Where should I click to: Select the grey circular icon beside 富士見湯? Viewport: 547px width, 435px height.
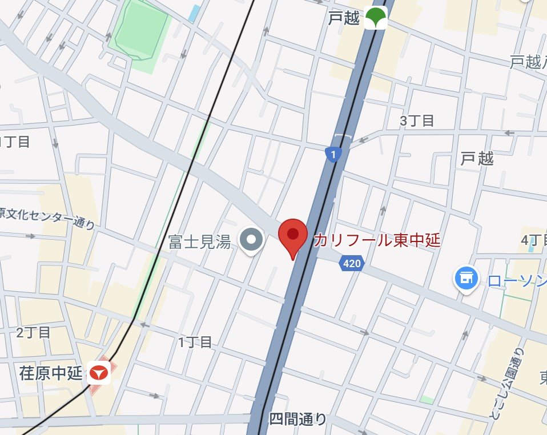(251, 240)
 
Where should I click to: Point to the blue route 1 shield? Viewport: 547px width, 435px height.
(333, 154)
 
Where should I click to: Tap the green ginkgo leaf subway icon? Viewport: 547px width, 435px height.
(376, 17)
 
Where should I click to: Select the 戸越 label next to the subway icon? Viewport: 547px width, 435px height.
(344, 18)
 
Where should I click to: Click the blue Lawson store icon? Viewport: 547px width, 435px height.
(466, 278)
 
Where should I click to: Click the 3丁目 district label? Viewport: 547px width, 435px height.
(417, 120)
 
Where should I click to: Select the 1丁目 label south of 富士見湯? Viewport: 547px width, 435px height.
(195, 342)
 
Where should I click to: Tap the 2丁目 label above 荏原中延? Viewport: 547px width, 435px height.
(33, 332)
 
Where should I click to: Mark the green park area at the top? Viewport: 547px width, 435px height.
(140, 34)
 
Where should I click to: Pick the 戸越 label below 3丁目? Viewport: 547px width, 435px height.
(477, 158)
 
